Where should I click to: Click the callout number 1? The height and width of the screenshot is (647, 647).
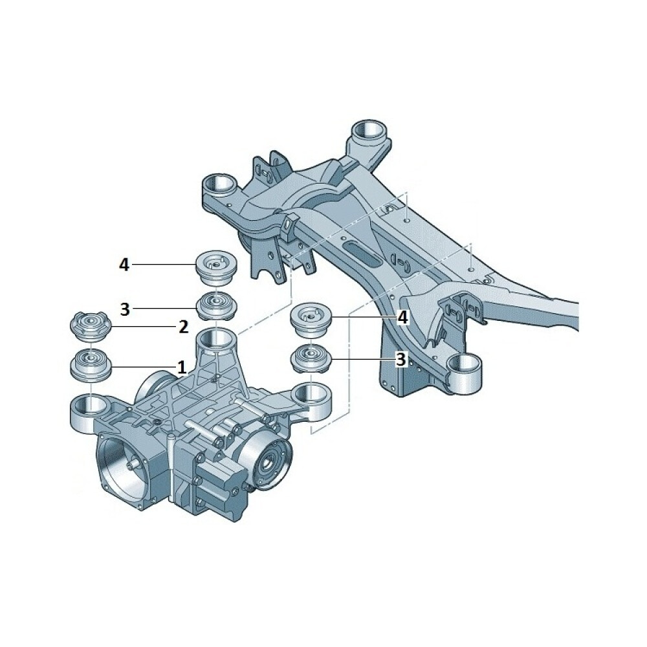pyautogui.click(x=181, y=366)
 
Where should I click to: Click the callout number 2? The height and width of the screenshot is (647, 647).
pyautogui.click(x=183, y=327)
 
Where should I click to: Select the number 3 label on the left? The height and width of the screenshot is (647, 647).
pyautogui.click(x=125, y=309)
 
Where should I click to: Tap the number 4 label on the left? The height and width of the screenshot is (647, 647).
pyautogui.click(x=124, y=265)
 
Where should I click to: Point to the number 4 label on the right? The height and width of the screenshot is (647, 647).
pyautogui.click(x=402, y=317)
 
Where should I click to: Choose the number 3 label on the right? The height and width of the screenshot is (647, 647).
pyautogui.click(x=401, y=359)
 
